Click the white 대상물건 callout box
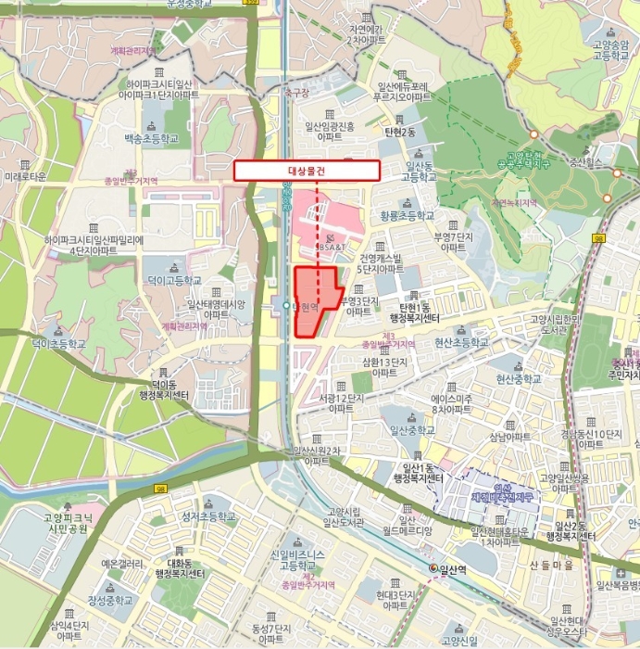[307, 171]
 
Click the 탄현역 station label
[305, 306]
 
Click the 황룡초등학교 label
[407, 214]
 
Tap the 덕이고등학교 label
[173, 279]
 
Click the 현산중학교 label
[518, 379]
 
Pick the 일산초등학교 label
[412, 430]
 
